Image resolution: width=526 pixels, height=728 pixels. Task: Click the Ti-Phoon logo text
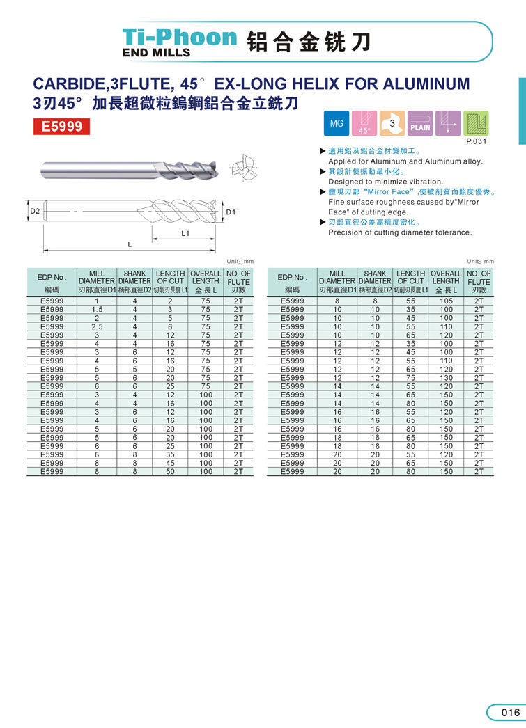(179, 37)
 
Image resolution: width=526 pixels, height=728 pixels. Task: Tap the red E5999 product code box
(62, 127)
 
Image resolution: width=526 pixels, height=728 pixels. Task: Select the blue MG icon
(337, 123)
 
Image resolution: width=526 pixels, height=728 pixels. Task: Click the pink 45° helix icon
(364, 123)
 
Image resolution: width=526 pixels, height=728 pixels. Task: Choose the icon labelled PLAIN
(420, 123)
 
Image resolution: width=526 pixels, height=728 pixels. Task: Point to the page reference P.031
(477, 142)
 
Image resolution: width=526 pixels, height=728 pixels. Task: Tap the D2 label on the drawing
(34, 210)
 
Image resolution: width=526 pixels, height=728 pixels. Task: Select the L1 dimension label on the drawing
(185, 234)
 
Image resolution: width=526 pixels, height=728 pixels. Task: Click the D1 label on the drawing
(231, 211)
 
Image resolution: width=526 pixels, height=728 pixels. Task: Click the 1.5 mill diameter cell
(98, 309)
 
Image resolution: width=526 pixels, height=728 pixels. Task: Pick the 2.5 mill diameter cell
(98, 326)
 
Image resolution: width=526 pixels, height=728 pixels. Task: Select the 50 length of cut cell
(170, 471)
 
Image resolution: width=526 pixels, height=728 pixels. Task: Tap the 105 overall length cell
(446, 301)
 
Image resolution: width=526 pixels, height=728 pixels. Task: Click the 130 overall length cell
(446, 378)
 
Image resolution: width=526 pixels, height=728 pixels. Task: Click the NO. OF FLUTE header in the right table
(479, 281)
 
